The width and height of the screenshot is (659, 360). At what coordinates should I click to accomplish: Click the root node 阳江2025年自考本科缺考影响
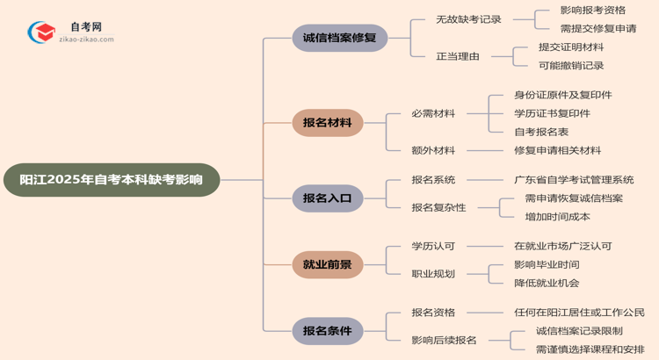[111, 180]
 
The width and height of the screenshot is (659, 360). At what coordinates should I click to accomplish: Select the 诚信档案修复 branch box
[327, 39]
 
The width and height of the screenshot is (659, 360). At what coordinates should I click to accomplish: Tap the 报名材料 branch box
[327, 123]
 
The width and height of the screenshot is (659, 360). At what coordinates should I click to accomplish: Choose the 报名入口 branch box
[327, 198]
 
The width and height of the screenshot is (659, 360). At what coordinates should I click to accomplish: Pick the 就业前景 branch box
[327, 264]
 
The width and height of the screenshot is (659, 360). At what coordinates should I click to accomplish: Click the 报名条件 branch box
[327, 331]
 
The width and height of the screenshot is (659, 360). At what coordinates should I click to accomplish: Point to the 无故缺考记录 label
[468, 19]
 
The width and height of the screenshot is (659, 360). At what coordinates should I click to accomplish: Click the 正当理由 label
[458, 57]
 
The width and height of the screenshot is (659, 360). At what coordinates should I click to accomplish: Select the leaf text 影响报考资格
[592, 11]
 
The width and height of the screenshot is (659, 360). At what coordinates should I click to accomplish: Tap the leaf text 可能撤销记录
[571, 66]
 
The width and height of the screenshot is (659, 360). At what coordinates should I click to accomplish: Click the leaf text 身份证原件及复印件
[562, 95]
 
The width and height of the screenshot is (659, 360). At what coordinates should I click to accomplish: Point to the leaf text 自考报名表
[541, 132]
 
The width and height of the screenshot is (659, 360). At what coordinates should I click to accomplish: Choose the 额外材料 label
[433, 150]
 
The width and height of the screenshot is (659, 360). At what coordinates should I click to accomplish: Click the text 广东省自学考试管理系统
[574, 180]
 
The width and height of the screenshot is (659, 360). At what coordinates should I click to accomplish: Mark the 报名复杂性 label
[438, 207]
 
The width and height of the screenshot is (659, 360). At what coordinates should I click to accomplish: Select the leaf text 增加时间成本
[557, 217]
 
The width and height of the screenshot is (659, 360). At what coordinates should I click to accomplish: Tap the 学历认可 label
[433, 246]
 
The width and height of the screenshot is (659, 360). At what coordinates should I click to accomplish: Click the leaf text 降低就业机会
[547, 283]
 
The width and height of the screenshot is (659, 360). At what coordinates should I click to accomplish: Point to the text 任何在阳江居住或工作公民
[579, 313]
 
